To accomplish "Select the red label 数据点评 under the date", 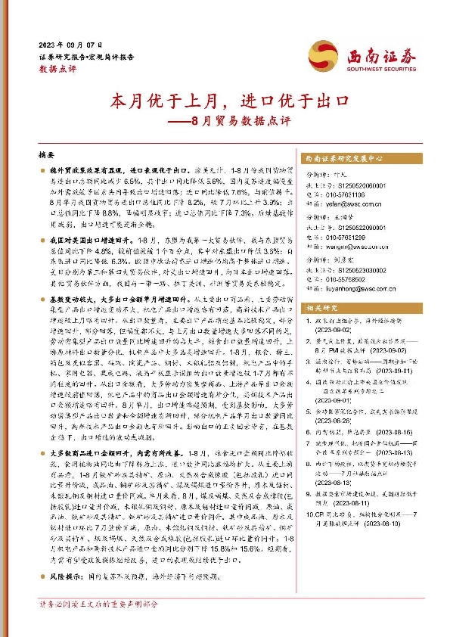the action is click(57, 67).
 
